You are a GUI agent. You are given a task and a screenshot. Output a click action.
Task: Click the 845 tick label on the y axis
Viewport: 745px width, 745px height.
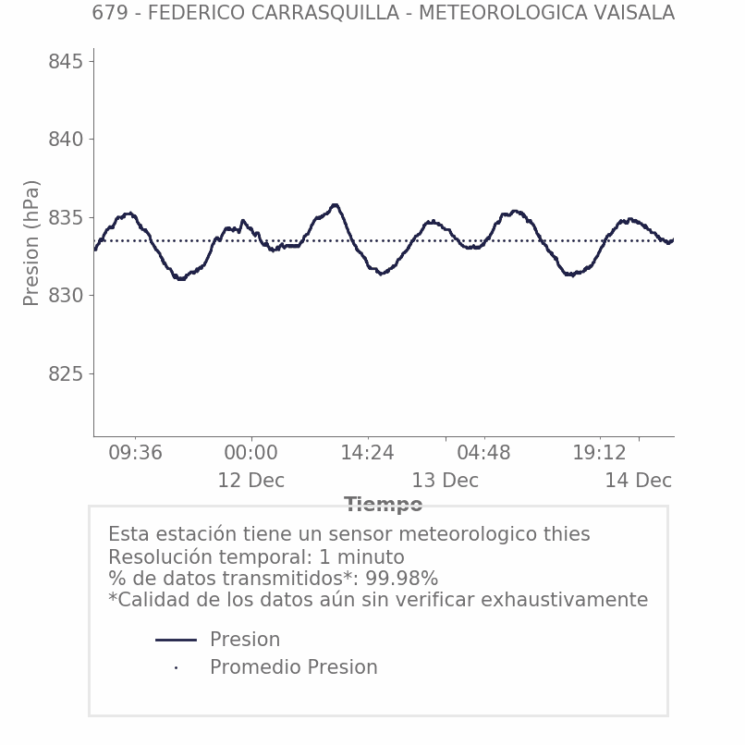click(x=66, y=62)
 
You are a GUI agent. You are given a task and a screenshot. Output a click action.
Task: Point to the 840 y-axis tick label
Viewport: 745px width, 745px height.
click(x=66, y=140)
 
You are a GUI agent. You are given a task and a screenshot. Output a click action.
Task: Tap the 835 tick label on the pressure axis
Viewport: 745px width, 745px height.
click(x=66, y=218)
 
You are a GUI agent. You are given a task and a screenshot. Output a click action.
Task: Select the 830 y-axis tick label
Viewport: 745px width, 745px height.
click(x=66, y=296)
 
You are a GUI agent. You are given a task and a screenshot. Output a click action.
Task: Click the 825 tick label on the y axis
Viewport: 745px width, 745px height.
click(x=66, y=374)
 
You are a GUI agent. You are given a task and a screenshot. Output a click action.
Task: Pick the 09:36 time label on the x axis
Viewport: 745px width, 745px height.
click(x=135, y=453)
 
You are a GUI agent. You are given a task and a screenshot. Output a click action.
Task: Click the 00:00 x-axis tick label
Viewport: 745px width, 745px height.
click(x=250, y=453)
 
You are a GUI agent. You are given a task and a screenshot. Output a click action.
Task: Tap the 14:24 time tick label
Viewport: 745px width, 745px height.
click(x=367, y=453)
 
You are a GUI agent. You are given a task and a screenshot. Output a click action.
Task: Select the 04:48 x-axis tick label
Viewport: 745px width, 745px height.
click(x=483, y=453)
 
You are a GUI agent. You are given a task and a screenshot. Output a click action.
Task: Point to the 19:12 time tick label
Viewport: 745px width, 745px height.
click(x=599, y=453)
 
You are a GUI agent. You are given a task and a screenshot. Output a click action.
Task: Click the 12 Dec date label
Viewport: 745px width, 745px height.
click(x=250, y=481)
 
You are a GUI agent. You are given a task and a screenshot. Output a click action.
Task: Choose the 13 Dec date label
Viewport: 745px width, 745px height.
click(x=445, y=481)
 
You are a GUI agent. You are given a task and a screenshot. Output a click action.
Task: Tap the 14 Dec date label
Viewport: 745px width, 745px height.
click(x=638, y=481)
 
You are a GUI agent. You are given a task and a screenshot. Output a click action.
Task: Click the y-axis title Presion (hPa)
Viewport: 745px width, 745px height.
click(x=31, y=242)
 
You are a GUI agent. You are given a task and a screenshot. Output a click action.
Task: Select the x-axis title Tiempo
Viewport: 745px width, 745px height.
click(x=383, y=505)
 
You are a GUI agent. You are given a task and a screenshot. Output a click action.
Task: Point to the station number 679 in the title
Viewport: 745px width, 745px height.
click(x=110, y=13)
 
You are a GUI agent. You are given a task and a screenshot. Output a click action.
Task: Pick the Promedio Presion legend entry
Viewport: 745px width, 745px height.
click(x=293, y=667)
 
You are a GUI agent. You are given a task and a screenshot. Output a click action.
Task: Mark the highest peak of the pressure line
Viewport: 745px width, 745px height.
click(x=336, y=205)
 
